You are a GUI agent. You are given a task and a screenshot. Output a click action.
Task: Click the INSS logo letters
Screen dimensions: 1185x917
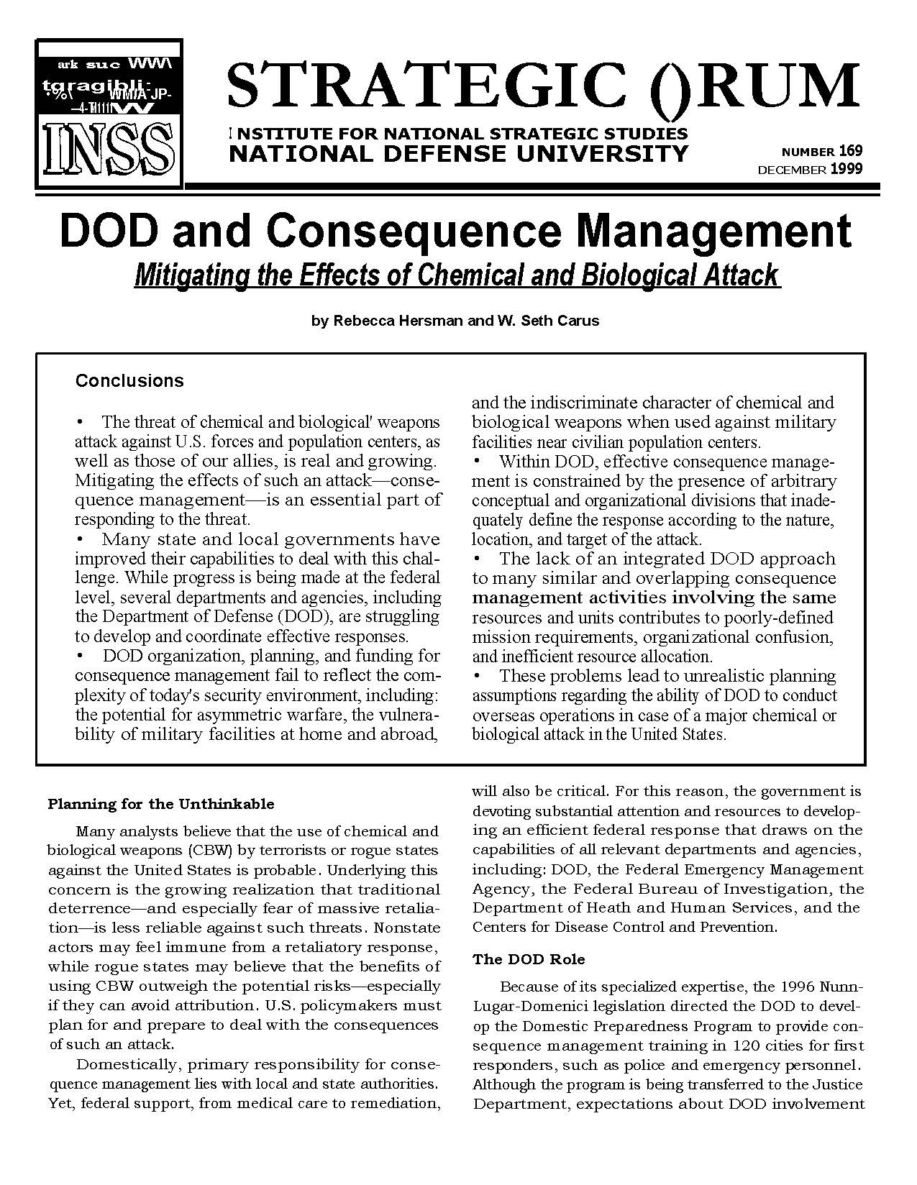point(109,151)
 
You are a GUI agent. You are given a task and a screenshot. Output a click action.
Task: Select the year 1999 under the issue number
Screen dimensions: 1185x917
point(846,170)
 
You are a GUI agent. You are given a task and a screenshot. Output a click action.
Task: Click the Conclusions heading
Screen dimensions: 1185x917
point(129,380)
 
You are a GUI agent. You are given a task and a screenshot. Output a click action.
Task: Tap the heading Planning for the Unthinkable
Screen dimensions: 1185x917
point(161,804)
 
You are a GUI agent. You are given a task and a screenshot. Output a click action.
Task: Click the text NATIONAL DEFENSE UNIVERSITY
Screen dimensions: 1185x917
point(458,153)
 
